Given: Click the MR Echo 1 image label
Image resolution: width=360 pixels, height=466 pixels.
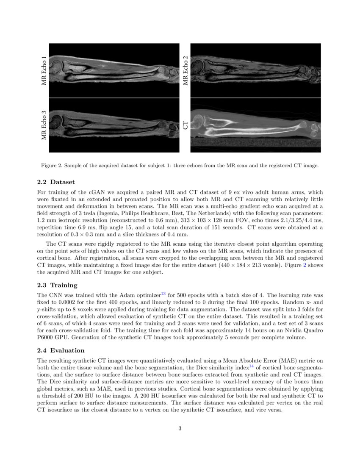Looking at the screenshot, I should click(44, 70).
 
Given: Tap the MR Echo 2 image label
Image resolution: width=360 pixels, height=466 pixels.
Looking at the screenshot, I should click(185, 70).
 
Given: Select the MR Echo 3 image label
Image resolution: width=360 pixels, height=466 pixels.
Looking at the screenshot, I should click(44, 125).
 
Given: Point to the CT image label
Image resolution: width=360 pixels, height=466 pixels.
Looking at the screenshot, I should click(185, 125).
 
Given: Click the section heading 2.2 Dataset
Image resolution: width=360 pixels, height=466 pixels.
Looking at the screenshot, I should click(56, 182).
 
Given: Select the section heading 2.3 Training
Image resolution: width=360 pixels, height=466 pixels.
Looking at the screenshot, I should click(57, 285).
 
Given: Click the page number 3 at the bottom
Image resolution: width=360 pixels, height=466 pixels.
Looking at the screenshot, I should click(180, 428).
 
